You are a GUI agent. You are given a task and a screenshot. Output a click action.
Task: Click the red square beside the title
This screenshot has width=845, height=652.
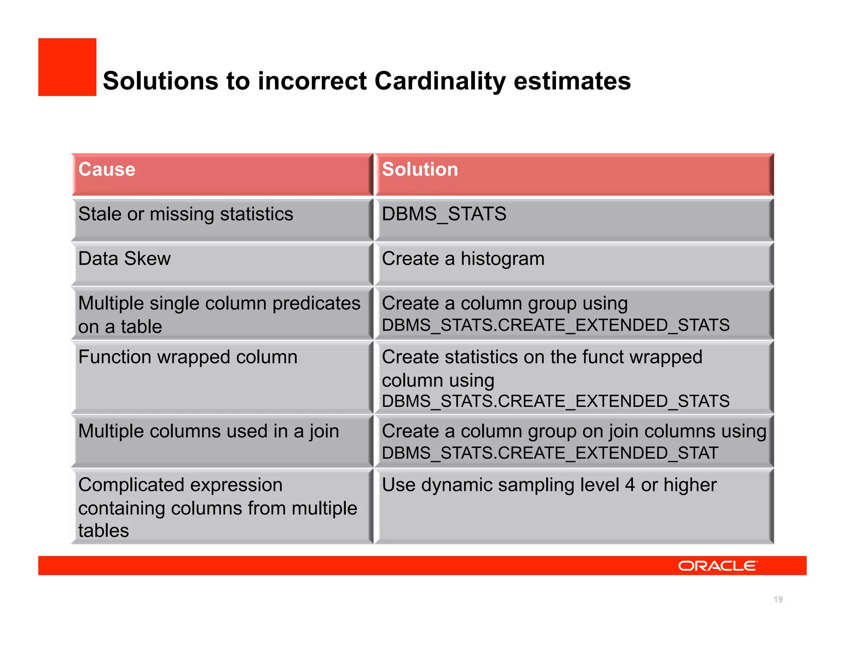pyautogui.click(x=67, y=67)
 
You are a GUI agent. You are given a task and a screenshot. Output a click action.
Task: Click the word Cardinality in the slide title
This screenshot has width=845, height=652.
pyautogui.click(x=439, y=81)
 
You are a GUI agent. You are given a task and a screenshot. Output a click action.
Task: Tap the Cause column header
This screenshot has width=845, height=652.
pyautogui.click(x=107, y=169)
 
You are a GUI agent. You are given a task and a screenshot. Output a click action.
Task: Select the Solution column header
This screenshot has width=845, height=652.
pyautogui.click(x=420, y=169)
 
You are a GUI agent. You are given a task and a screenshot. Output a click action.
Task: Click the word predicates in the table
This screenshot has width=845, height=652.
pyautogui.click(x=316, y=304)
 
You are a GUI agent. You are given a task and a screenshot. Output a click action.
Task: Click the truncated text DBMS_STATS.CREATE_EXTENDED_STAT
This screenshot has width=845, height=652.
pyautogui.click(x=550, y=453)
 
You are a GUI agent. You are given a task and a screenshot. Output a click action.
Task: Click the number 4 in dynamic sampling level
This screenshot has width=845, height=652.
pyautogui.click(x=630, y=485)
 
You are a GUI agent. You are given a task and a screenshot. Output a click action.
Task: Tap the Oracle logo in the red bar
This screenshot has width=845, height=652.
pyautogui.click(x=718, y=566)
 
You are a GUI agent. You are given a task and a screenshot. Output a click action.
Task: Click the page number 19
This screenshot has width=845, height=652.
pyautogui.click(x=778, y=599)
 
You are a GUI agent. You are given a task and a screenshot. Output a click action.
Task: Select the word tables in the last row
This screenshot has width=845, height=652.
pyautogui.click(x=104, y=530)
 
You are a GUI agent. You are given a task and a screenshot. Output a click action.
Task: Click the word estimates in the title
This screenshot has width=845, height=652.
pyautogui.click(x=572, y=81)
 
